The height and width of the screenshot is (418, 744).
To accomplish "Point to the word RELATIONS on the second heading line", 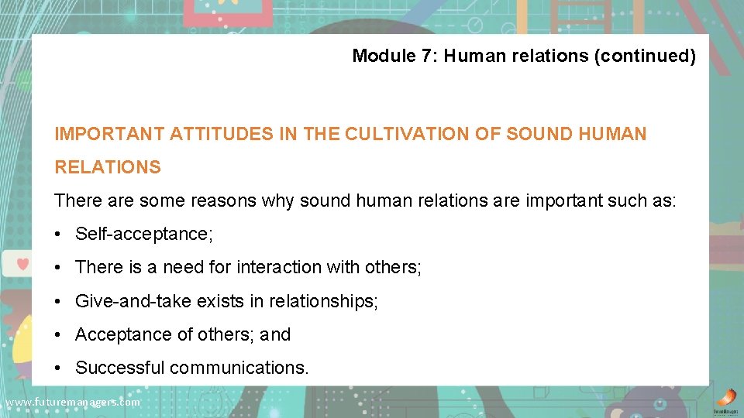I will [x=108, y=167].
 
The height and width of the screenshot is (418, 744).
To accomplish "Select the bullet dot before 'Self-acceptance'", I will [x=60, y=234].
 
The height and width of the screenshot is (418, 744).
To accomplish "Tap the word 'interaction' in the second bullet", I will [x=279, y=267].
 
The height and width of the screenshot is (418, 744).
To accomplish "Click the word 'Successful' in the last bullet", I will [x=119, y=368].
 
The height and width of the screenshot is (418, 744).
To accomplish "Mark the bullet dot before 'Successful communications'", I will [x=60, y=368].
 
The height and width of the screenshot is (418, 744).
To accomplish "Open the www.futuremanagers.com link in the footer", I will [x=72, y=403].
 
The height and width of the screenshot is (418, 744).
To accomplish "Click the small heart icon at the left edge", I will [x=23, y=264].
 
